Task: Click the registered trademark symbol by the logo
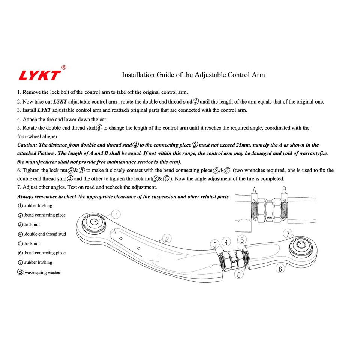64,67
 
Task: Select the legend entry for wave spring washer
39,272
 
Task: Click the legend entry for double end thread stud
42,234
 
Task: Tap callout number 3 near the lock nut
215,244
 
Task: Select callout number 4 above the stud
226,242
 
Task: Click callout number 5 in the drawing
242,240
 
